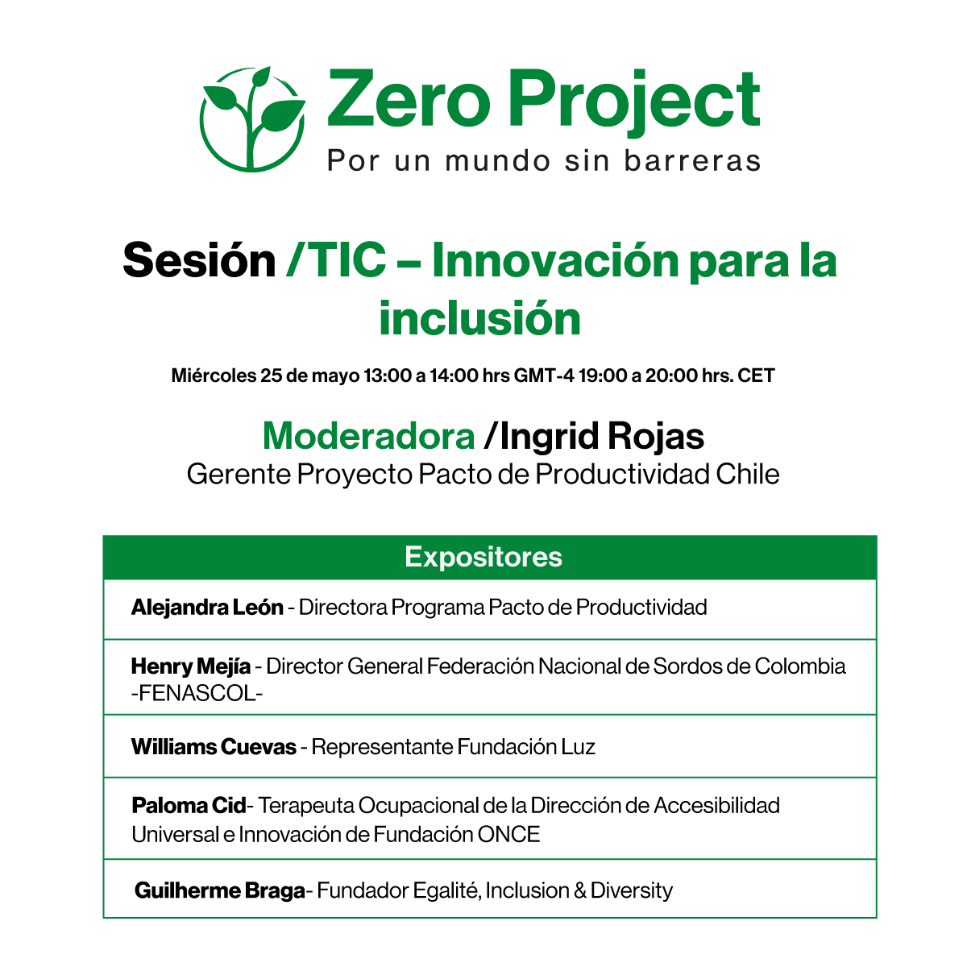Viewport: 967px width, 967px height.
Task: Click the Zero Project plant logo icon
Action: click(x=252, y=118)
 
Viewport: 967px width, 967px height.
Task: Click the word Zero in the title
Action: click(x=408, y=100)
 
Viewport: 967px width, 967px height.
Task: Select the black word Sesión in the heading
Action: click(x=199, y=261)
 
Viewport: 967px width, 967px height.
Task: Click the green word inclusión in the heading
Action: click(x=480, y=318)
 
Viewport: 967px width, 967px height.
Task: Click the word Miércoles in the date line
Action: click(x=214, y=376)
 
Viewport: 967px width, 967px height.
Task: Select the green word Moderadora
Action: click(x=368, y=437)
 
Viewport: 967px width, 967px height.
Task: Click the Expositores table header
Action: click(x=483, y=557)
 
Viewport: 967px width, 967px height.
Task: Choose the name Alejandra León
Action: click(x=207, y=607)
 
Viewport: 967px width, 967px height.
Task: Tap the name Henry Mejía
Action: click(x=190, y=666)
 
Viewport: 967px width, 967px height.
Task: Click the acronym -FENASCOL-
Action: click(x=197, y=693)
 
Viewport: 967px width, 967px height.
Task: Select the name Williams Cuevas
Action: click(x=214, y=747)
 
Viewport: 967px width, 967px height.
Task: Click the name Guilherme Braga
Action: click(x=220, y=890)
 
